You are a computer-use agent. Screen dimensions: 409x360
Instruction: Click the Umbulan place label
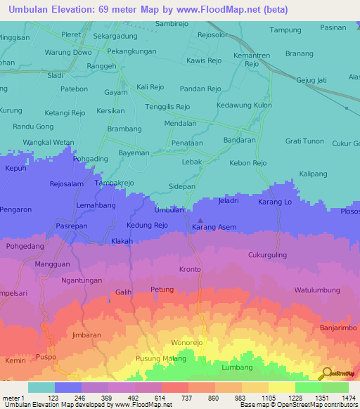pos(169,210)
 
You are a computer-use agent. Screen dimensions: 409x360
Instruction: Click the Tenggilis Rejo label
pos(167,107)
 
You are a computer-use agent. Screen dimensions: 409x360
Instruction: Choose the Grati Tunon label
pos(304,141)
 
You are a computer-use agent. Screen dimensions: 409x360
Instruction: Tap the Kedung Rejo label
pos(147,226)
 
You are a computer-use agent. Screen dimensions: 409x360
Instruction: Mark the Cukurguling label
pos(267,255)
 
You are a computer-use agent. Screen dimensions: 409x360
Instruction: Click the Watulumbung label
pos(317,290)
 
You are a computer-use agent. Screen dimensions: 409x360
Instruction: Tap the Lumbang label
pos(236,368)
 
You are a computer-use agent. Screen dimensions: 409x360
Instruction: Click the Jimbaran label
pos(88,335)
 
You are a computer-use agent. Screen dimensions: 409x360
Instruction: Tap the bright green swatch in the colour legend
pos(308,387)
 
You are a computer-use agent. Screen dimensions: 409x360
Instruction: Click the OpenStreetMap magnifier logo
pos(325,373)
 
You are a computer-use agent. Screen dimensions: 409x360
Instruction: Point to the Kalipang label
pos(314,173)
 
